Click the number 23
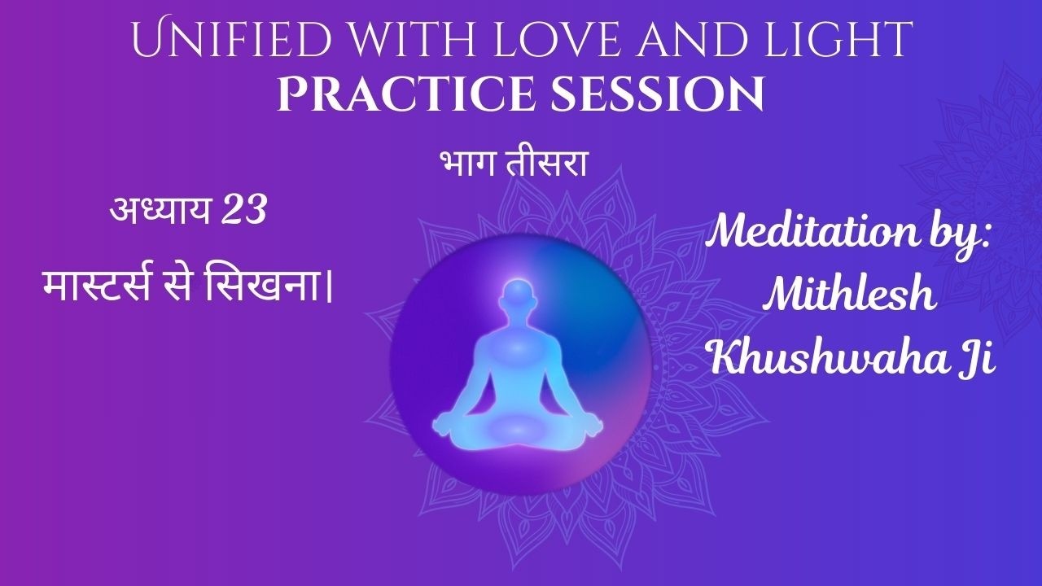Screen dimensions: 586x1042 [243, 212]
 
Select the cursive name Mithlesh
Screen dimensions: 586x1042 [850, 296]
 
